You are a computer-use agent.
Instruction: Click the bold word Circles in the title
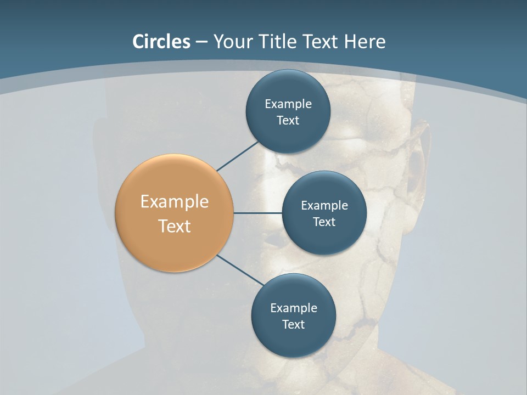(x=161, y=42)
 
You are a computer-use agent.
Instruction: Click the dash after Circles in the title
(x=201, y=42)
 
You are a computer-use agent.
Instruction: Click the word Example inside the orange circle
(x=175, y=202)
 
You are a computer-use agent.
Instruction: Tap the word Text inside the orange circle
(x=175, y=226)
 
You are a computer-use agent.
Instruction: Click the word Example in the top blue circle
(x=288, y=104)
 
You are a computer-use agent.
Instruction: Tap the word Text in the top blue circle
(x=288, y=121)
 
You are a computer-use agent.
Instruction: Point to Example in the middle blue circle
(x=324, y=206)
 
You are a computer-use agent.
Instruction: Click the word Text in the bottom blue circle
(x=293, y=325)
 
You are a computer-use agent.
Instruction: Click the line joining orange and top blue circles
(x=238, y=156)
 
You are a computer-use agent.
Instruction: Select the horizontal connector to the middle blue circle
(x=258, y=213)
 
